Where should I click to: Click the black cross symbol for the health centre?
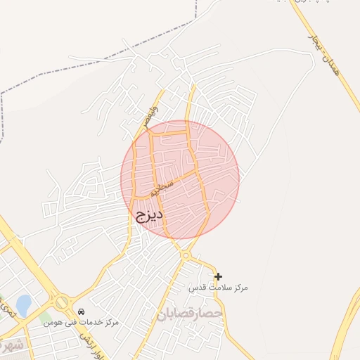218,276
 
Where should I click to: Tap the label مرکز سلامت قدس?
219,288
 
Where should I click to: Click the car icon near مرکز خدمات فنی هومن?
82,311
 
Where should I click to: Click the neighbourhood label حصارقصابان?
190,312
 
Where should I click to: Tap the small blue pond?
23,305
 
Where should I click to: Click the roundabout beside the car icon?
62,302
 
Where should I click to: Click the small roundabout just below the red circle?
185,255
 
